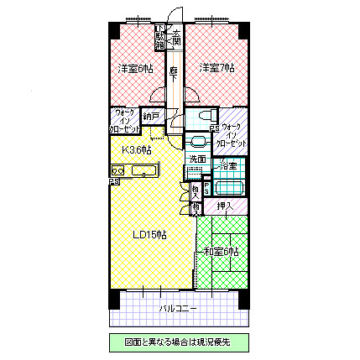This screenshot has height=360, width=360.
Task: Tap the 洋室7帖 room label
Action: coord(216,67)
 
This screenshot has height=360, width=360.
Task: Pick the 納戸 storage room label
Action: coord(151,117)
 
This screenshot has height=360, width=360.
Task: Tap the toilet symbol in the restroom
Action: coord(198,141)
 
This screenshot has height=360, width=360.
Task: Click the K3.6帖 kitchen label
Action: coord(137,149)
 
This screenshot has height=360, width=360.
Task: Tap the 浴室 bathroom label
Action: coord(227,166)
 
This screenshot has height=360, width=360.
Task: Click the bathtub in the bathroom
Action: coord(227,185)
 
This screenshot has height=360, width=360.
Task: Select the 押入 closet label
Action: coord(225,206)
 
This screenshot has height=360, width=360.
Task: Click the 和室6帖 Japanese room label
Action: coord(222,251)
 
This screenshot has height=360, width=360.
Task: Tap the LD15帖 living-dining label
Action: coord(151,235)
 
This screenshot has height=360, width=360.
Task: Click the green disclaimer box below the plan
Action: coord(180,342)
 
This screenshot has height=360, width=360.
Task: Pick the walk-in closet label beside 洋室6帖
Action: coord(124,123)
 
